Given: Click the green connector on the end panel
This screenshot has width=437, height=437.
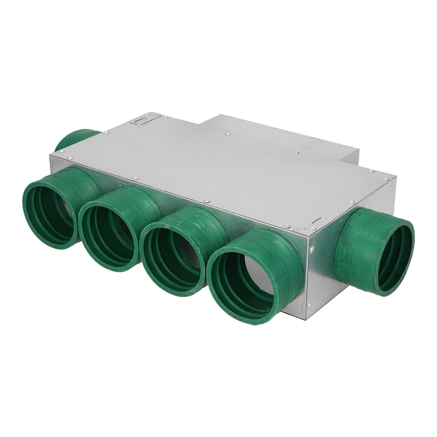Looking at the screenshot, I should click(375, 251).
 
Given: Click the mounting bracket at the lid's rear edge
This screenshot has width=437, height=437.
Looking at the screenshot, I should click(145, 119).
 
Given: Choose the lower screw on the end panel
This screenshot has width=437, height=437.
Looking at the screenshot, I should click(309, 305).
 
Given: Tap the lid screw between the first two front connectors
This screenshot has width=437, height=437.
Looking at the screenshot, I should click(135, 178).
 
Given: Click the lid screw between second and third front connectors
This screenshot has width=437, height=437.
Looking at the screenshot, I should click(206, 201).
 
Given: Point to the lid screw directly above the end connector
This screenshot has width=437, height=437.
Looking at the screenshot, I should click(351, 202).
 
